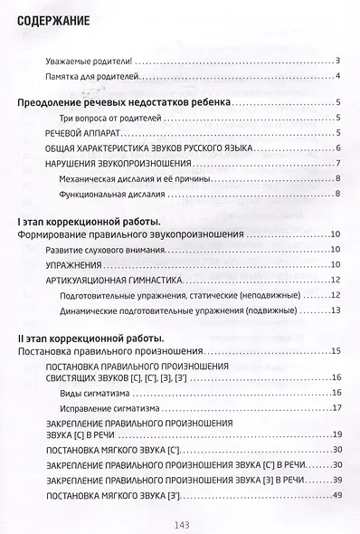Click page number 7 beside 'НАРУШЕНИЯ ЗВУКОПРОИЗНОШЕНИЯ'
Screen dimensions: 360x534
[337, 164]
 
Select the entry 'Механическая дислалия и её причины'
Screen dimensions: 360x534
[135, 178]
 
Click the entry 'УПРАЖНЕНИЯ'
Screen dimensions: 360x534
[71, 265]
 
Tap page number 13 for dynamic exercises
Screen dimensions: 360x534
[335, 310]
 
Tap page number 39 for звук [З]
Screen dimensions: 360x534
[335, 479]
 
